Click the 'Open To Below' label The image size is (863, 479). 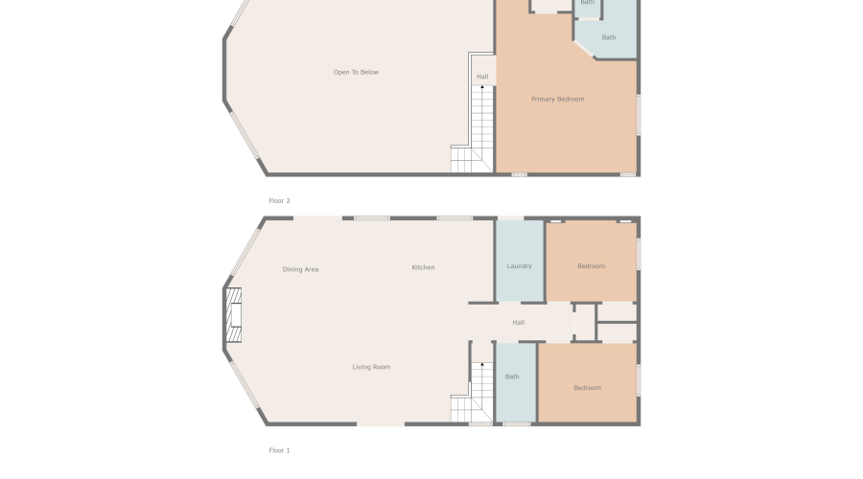[x=356, y=73]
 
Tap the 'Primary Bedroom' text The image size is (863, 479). [x=557, y=100]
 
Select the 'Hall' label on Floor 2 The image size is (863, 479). [x=482, y=77]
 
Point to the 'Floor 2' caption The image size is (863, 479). [x=279, y=201]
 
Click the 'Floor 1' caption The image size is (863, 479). [x=279, y=450]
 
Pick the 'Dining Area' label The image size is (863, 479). [x=300, y=269]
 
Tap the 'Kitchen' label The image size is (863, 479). [x=423, y=267]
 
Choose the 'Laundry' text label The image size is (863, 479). [x=519, y=266]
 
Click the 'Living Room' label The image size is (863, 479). [x=371, y=367]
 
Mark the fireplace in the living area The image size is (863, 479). [x=233, y=315]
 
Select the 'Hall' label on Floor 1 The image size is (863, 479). [x=518, y=323]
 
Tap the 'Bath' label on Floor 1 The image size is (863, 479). [x=512, y=376]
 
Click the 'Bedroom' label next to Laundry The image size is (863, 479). [x=591, y=266]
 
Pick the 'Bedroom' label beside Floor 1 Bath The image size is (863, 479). [x=587, y=388]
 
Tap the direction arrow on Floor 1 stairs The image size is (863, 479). [x=482, y=365]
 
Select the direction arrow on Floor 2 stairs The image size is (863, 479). [x=482, y=88]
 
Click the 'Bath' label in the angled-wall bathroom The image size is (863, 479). [x=609, y=37]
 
